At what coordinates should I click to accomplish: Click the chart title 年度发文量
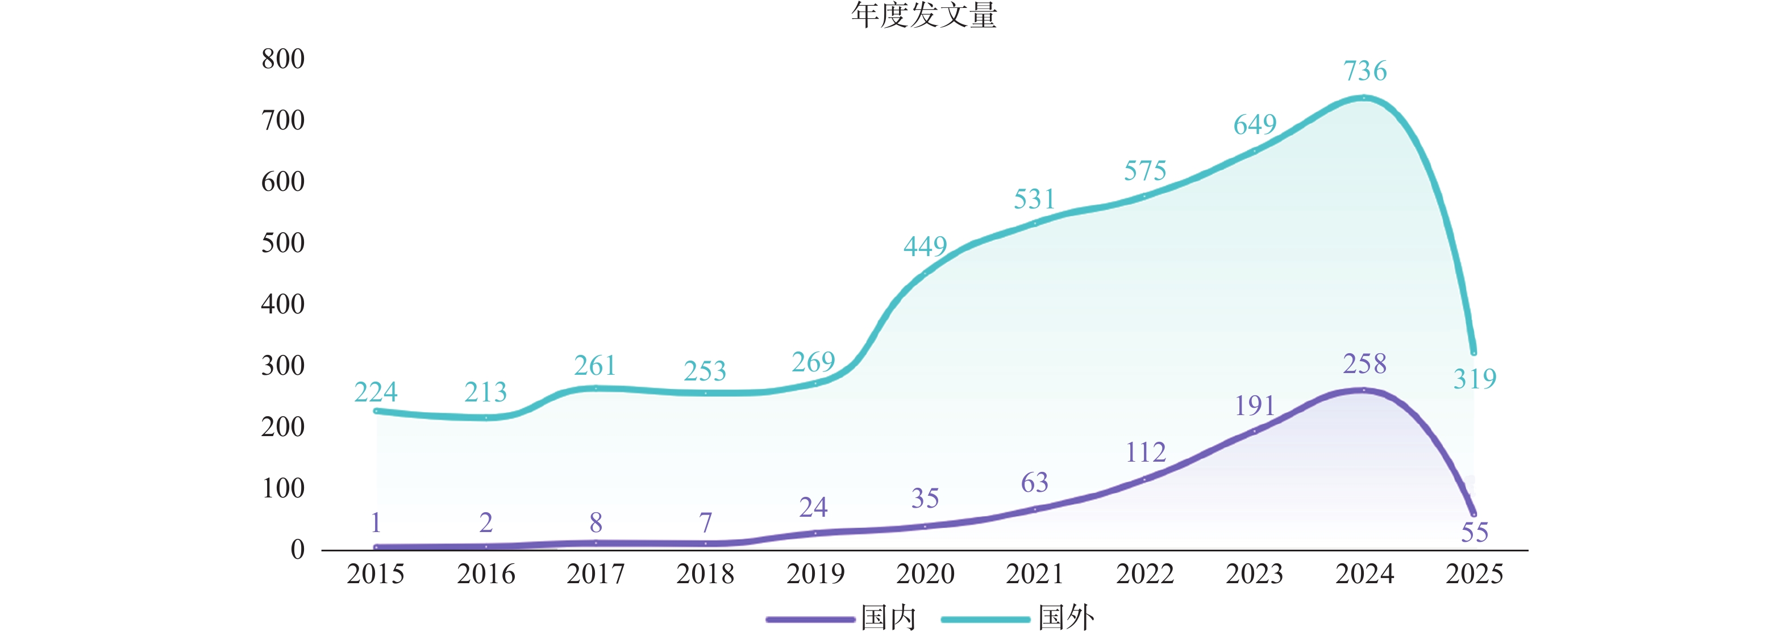point(924,15)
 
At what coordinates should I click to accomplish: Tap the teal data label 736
point(1365,71)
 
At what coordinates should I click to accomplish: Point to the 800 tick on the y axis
point(283,59)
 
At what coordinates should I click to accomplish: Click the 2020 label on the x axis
point(925,574)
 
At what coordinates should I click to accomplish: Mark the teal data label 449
point(925,246)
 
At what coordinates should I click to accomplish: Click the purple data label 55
point(1475,533)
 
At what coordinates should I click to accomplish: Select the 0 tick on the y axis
point(297,550)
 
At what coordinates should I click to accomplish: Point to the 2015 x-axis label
point(375,574)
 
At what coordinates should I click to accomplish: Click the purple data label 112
point(1145,453)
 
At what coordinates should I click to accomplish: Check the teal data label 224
point(375,393)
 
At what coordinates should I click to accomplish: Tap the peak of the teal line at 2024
point(1364,98)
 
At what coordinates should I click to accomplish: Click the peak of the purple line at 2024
point(1364,390)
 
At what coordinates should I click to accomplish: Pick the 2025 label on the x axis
point(1475,574)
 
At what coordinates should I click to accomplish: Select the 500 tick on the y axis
point(283,243)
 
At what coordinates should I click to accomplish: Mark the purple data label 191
point(1255,406)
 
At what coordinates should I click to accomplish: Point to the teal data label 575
point(1145,171)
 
